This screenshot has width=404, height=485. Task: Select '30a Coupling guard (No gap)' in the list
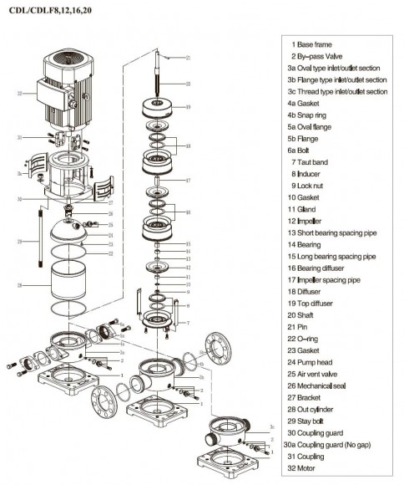point(336,441)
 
